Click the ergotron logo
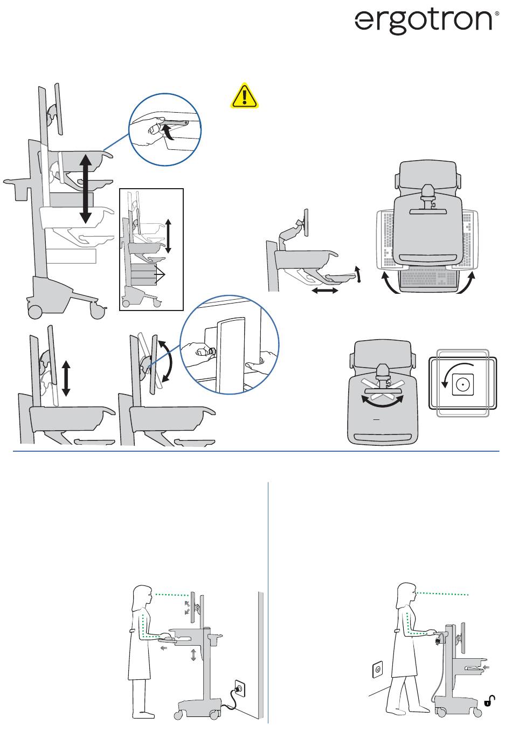tap(424, 22)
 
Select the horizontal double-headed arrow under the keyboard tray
tap(324, 291)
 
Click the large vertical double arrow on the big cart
tap(85, 188)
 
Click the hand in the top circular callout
tap(148, 135)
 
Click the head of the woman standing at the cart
tap(142, 595)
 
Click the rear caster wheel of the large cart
tap(34, 311)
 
